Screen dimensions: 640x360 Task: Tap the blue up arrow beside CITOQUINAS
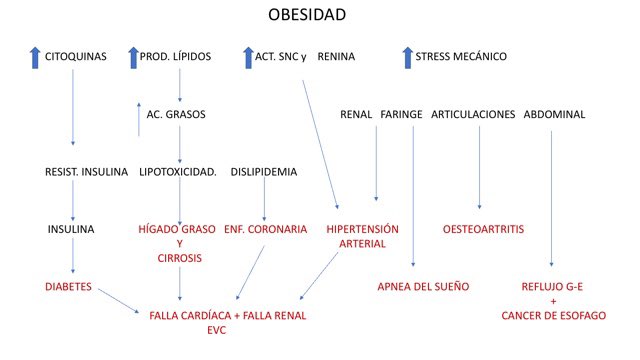(34, 57)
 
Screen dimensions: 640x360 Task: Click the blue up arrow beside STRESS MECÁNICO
(405, 57)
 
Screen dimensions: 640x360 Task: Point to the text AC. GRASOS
(175, 115)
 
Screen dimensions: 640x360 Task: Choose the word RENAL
(356, 115)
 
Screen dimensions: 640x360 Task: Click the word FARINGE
(401, 115)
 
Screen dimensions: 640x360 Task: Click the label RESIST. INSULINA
(87, 172)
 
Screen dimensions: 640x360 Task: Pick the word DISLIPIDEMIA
(263, 172)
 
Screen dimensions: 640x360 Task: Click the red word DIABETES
(69, 287)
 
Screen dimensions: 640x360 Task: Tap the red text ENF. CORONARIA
(265, 229)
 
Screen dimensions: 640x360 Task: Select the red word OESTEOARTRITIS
(486, 229)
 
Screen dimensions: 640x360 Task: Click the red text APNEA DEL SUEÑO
(423, 287)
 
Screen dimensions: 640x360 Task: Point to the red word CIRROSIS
(179, 258)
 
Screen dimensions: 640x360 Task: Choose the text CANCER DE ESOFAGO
(552, 316)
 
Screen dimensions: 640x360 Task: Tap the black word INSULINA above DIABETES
(71, 229)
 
